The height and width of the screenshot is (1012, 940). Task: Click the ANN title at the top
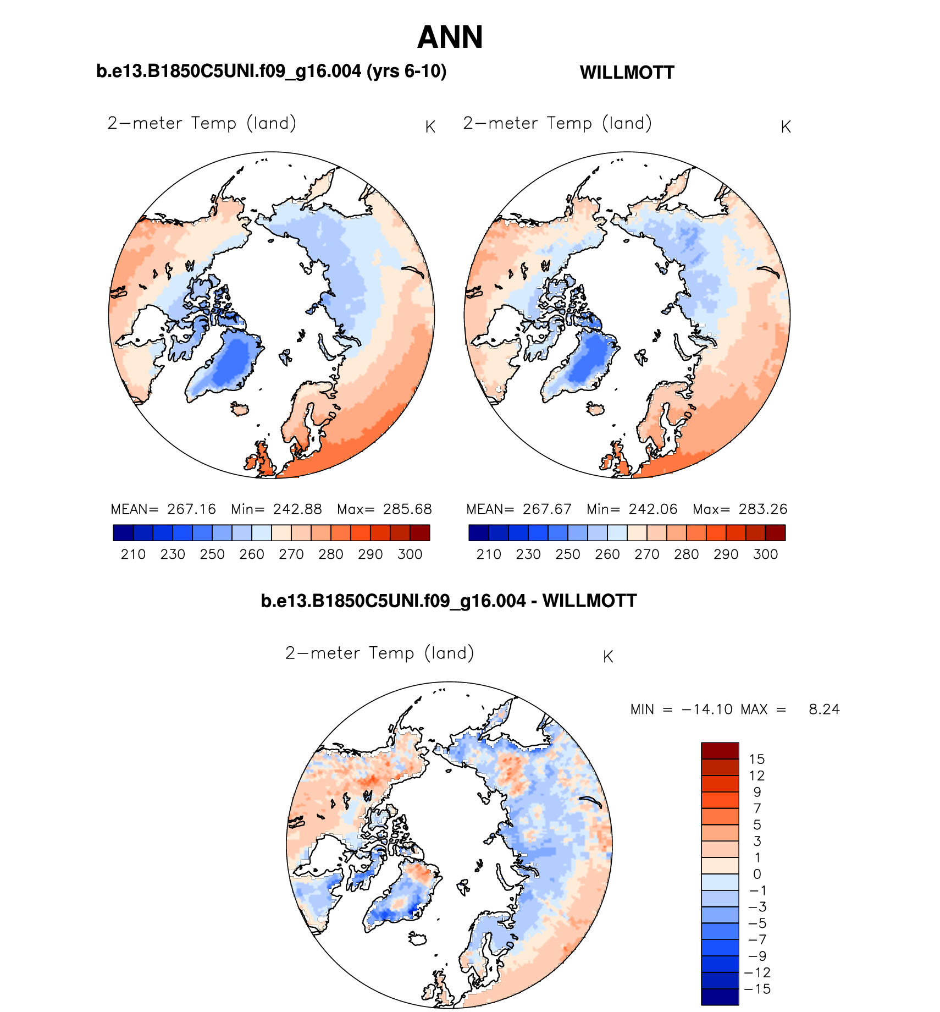[x=450, y=37]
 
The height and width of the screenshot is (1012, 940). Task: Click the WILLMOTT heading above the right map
[x=627, y=73]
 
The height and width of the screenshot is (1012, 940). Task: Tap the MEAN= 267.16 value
[x=163, y=509]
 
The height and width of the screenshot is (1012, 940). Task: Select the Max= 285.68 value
[x=384, y=509]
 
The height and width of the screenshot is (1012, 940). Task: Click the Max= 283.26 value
[x=740, y=509]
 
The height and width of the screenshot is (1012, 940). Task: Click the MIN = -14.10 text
[x=682, y=710]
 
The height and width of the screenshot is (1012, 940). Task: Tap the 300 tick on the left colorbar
[x=410, y=554]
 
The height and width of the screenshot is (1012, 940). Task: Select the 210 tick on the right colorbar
[x=489, y=554]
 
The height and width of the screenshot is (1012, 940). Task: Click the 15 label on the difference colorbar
[x=756, y=760]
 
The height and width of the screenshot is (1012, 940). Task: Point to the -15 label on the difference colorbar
[x=757, y=989]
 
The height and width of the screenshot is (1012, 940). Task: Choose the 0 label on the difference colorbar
[x=757, y=874]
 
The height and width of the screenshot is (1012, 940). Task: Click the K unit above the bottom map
[x=608, y=657]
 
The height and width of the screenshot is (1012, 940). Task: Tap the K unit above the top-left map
[x=430, y=127]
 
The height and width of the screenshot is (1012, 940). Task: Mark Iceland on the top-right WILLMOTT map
[x=595, y=409]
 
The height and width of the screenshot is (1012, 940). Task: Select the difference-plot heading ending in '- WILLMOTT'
[x=449, y=601]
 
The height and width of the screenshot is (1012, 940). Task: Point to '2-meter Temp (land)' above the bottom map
[x=379, y=653]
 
